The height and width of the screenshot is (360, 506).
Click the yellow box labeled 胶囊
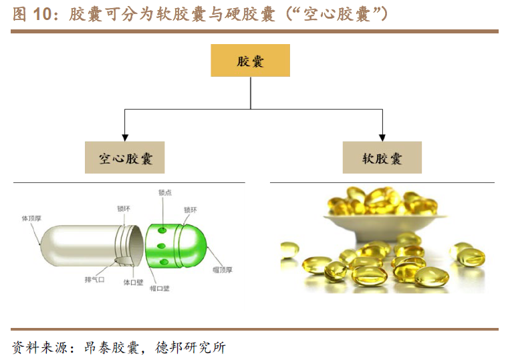(251, 61)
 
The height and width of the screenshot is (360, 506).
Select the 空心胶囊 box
(125, 158)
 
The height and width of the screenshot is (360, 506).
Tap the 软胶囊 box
(382, 158)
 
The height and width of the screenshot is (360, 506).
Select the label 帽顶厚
(222, 270)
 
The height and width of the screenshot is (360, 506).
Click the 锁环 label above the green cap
(191, 210)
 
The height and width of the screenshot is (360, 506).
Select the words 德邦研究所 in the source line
(191, 347)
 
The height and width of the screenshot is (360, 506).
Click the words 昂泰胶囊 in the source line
(112, 347)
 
